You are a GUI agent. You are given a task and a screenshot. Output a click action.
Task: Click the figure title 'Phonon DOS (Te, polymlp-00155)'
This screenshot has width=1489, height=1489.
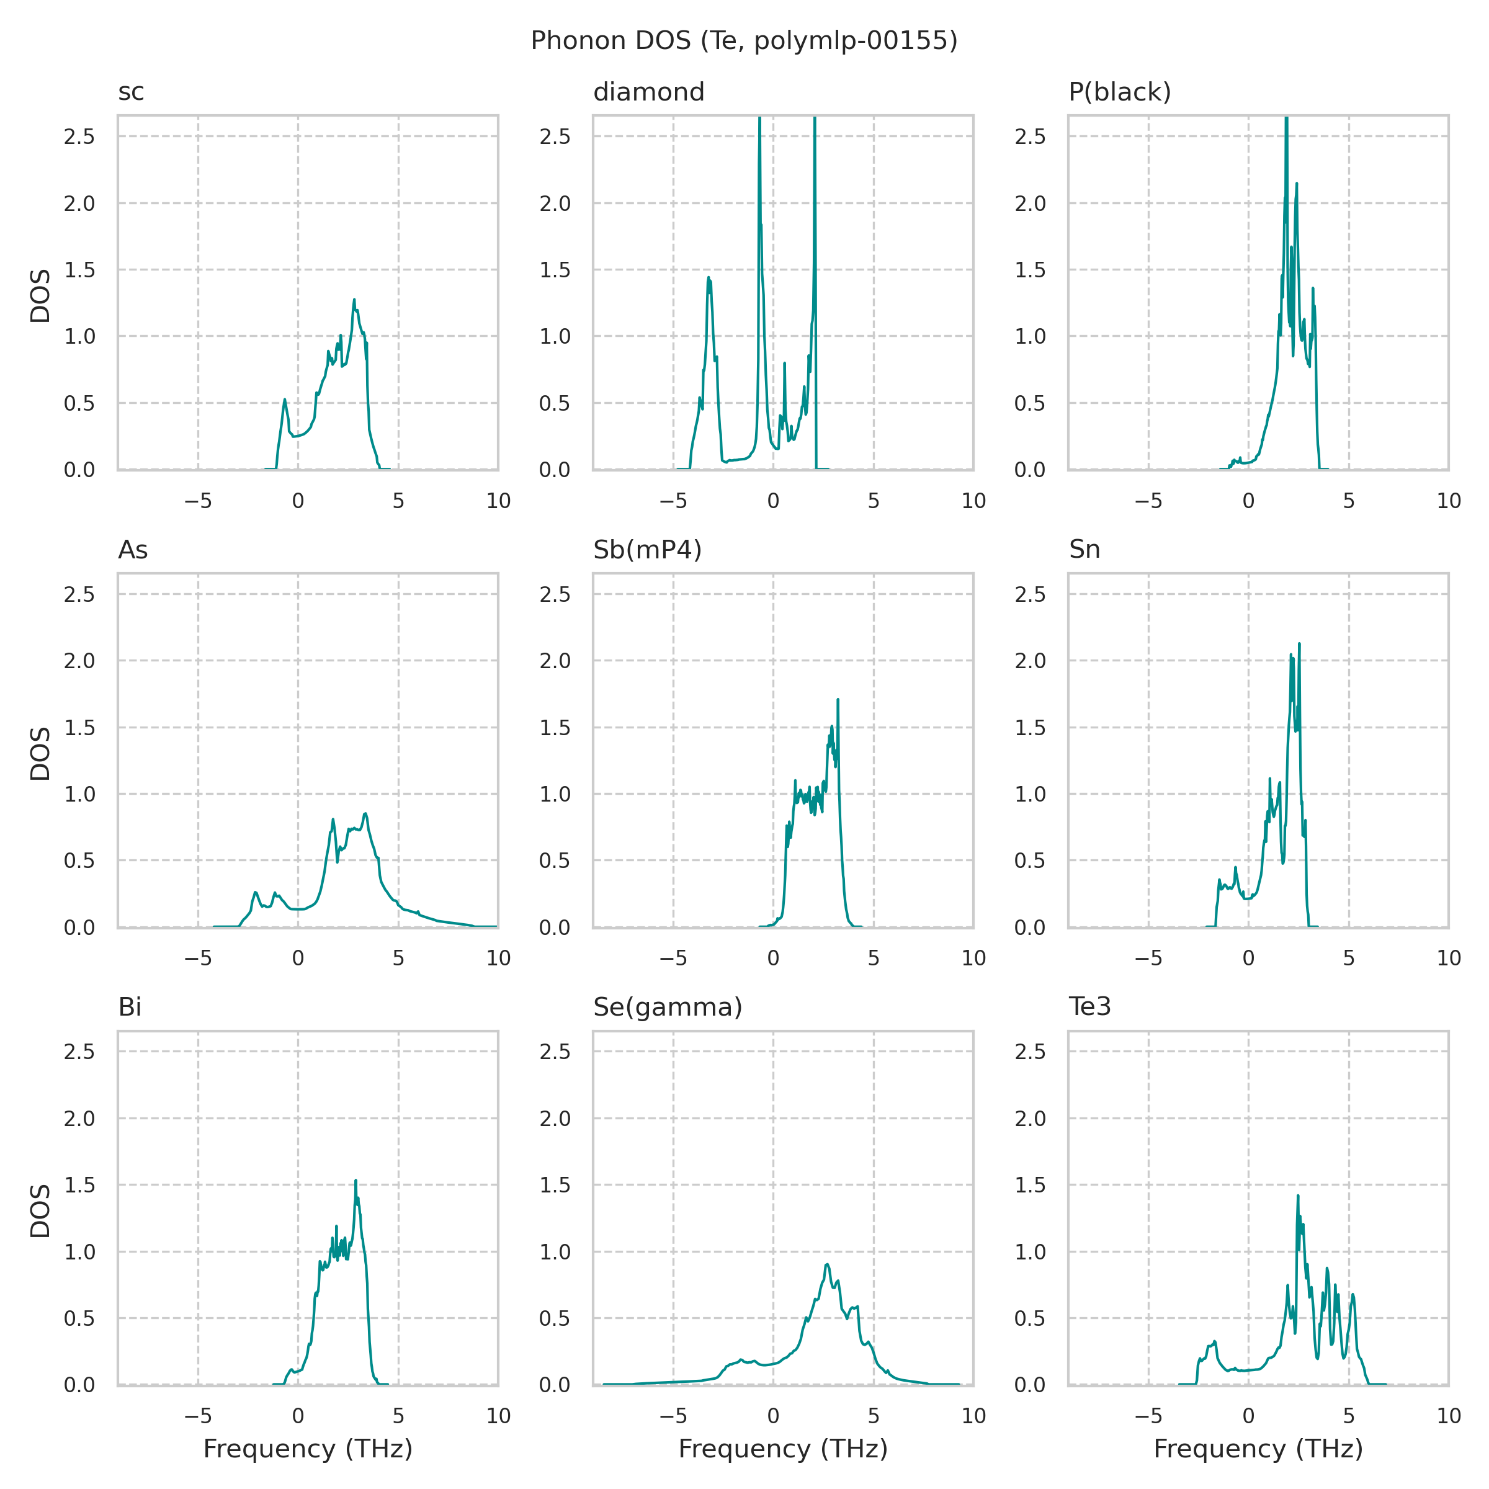pos(744,41)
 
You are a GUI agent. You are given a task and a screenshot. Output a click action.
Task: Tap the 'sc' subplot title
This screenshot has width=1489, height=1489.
pos(131,92)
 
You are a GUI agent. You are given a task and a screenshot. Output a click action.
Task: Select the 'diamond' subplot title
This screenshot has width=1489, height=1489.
pos(648,92)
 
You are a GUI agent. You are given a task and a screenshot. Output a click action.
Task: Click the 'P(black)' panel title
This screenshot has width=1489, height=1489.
pos(1119,92)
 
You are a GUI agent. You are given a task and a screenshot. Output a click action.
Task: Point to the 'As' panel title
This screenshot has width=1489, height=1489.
pos(133,550)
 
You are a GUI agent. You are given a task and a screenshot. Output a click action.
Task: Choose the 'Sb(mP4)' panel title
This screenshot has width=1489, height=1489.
pos(647,550)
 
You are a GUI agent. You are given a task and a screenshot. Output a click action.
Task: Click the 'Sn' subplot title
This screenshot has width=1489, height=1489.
pos(1084,550)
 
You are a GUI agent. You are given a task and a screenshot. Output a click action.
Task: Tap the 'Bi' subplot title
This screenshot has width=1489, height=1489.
pos(130,1008)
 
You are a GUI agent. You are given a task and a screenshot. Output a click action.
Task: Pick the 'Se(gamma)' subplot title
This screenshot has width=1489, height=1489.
pos(668,1008)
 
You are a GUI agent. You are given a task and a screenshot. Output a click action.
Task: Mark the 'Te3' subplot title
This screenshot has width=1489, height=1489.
pos(1090,1008)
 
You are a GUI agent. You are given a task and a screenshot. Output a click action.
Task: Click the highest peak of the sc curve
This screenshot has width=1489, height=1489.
pos(354,300)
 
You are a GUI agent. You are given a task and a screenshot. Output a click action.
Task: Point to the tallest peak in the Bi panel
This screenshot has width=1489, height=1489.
pos(356,1181)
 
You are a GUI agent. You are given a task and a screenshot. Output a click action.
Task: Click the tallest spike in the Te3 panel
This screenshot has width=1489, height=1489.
pos(1298,1196)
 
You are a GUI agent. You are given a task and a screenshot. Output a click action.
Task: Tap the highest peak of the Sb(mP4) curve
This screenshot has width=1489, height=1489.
pos(838,700)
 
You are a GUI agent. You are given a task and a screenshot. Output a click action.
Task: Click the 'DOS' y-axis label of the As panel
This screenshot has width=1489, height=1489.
pos(40,754)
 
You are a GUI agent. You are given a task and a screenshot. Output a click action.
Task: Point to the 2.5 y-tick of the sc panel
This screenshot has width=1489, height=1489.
pos(79,137)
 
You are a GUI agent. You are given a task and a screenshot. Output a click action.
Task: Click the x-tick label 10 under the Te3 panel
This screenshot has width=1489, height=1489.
pos(1449,1416)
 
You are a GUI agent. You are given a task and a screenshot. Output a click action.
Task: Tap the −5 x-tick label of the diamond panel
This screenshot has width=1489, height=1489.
pos(673,502)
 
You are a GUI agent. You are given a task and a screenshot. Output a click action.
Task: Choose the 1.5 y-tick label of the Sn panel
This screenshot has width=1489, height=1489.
pos(1031,728)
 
